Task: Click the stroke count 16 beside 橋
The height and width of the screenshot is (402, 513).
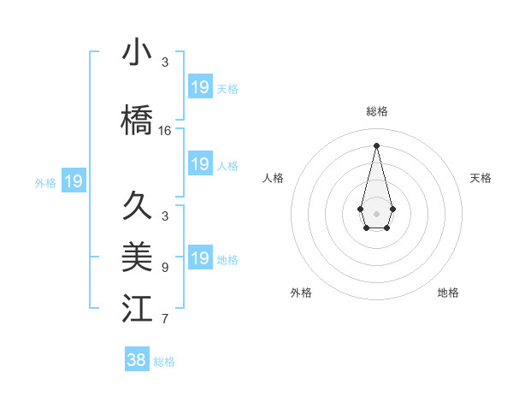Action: pyautogui.click(x=165, y=131)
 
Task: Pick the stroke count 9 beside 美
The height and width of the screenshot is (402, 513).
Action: pyautogui.click(x=165, y=268)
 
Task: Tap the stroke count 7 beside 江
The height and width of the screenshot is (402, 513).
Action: pyautogui.click(x=165, y=320)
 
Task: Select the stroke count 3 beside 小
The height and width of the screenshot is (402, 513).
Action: pyautogui.click(x=165, y=62)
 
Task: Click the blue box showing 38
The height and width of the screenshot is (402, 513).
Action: pyautogui.click(x=137, y=360)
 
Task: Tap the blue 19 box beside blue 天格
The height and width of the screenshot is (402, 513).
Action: pyautogui.click(x=200, y=87)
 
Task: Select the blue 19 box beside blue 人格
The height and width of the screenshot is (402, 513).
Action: pyautogui.click(x=200, y=164)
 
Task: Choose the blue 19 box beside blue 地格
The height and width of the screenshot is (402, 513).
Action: pyautogui.click(x=200, y=258)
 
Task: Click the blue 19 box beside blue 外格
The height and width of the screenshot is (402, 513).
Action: pyautogui.click(x=74, y=181)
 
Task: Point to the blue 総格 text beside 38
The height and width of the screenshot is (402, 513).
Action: pyautogui.click(x=164, y=362)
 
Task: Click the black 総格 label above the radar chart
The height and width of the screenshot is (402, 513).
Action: pyautogui.click(x=377, y=111)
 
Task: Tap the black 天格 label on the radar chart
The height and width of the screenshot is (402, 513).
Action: pyautogui.click(x=481, y=178)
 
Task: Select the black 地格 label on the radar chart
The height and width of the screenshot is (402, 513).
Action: pyautogui.click(x=448, y=293)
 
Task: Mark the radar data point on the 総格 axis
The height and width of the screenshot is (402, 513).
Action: pyautogui.click(x=377, y=145)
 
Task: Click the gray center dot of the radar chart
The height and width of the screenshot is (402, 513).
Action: pyautogui.click(x=377, y=213)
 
